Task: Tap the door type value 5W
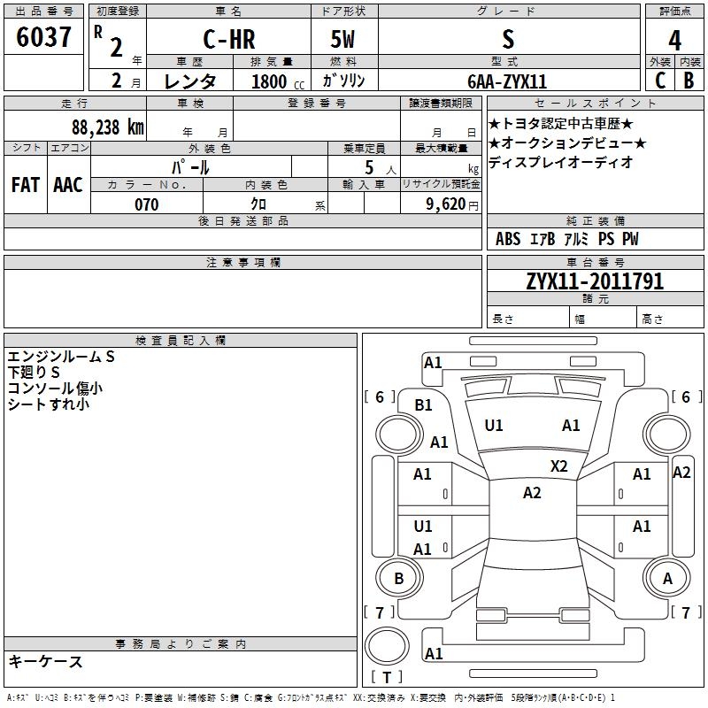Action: (x=344, y=41)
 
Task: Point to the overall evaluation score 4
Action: (x=674, y=42)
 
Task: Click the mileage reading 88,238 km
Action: (x=107, y=126)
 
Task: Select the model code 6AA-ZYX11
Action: (x=507, y=81)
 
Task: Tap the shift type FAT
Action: (x=25, y=185)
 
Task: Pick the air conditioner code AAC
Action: (x=68, y=185)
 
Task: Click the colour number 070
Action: (x=146, y=204)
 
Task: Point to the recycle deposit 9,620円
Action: (x=452, y=204)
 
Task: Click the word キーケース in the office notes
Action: (x=46, y=661)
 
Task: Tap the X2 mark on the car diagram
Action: (x=559, y=466)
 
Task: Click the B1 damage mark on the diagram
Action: (x=424, y=405)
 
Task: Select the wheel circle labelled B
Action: (x=398, y=579)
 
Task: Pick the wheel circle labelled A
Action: (x=667, y=579)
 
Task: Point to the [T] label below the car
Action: (x=386, y=678)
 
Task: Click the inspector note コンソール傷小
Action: (x=55, y=389)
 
